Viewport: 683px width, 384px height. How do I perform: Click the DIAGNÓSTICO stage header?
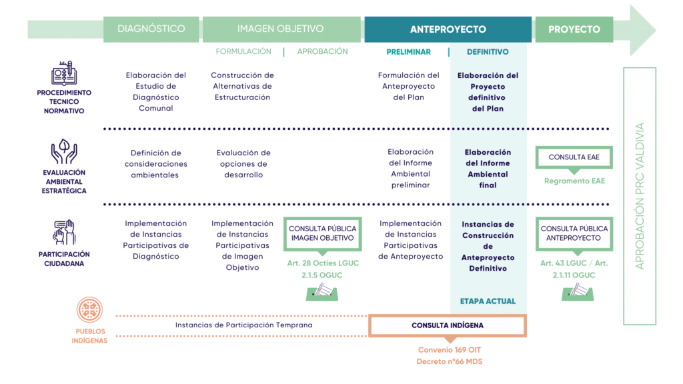pos(151,29)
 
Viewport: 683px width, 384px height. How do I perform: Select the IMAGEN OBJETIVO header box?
pos(281,29)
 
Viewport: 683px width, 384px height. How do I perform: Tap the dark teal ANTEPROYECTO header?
pos(448,29)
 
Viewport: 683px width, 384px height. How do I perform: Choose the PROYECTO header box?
pos(574,29)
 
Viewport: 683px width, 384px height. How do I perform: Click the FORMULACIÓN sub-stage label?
pos(243,51)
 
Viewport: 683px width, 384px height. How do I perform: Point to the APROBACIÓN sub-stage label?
pos(323,51)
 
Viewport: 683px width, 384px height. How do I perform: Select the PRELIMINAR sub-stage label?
pos(409,52)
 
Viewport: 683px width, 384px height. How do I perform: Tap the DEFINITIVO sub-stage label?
pos(488,52)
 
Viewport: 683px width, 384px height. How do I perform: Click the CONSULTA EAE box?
pos(574,157)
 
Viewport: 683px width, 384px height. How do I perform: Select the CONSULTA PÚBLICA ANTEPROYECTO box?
pos(574,233)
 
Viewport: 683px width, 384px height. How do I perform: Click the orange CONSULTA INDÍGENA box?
pos(448,325)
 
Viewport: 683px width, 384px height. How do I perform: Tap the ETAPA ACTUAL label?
pos(488,301)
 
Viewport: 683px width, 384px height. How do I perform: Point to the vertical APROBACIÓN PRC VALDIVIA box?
pos(640,196)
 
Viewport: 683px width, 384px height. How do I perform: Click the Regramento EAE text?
pos(574,181)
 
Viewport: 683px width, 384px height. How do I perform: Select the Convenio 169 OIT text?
pos(448,350)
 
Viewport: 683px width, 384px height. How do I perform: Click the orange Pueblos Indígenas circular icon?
pos(89,309)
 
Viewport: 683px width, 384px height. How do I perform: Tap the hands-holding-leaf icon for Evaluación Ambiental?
pos(64,151)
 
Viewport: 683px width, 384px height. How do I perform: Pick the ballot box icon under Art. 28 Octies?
pos(323,291)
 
